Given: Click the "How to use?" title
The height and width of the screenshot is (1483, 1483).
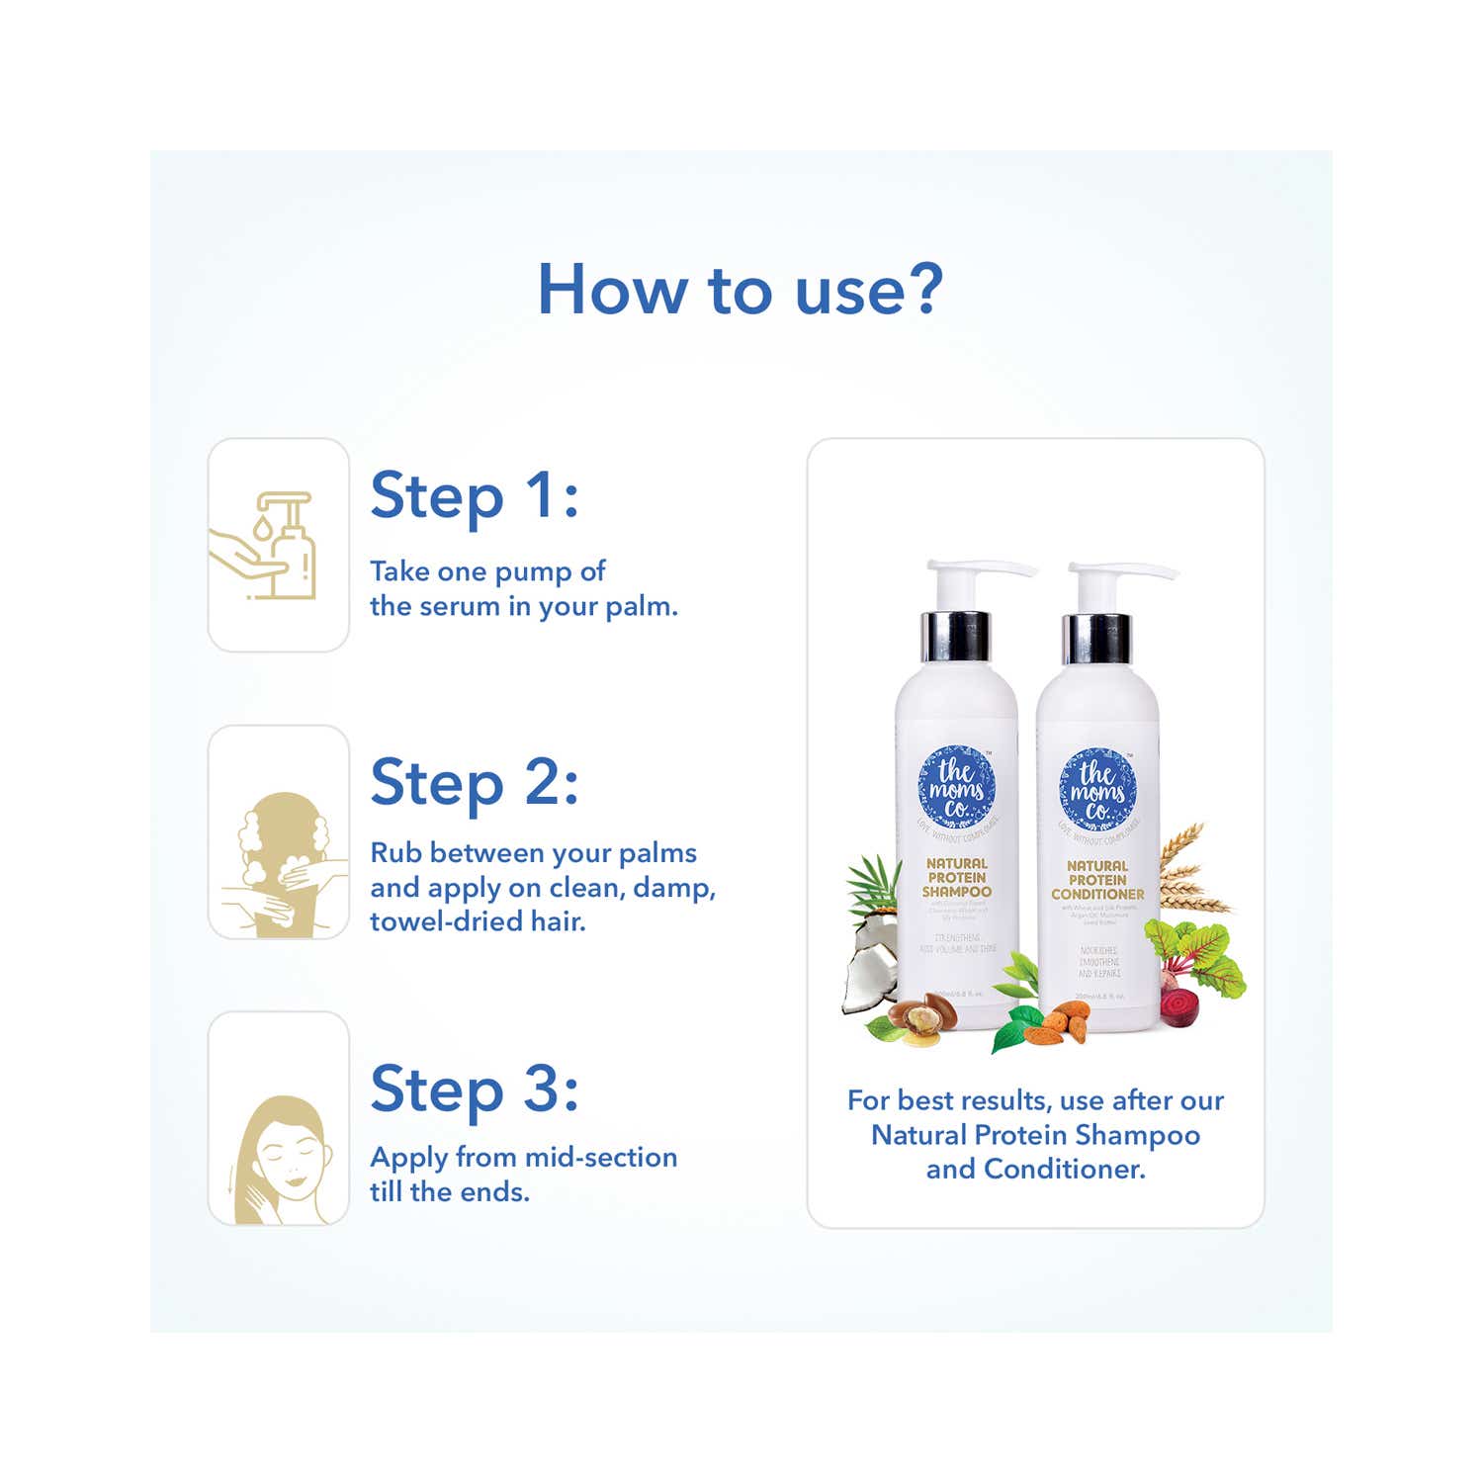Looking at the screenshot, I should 740,290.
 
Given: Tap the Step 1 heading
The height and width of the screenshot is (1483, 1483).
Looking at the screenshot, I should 474,495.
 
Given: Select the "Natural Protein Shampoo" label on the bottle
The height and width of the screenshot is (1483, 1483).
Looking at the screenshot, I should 956,877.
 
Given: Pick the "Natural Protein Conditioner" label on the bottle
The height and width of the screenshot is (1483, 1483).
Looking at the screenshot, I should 1097,879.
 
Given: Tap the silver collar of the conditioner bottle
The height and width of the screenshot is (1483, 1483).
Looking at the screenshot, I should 1097,639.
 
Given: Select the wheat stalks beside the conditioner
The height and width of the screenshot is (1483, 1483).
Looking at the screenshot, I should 1191,871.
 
